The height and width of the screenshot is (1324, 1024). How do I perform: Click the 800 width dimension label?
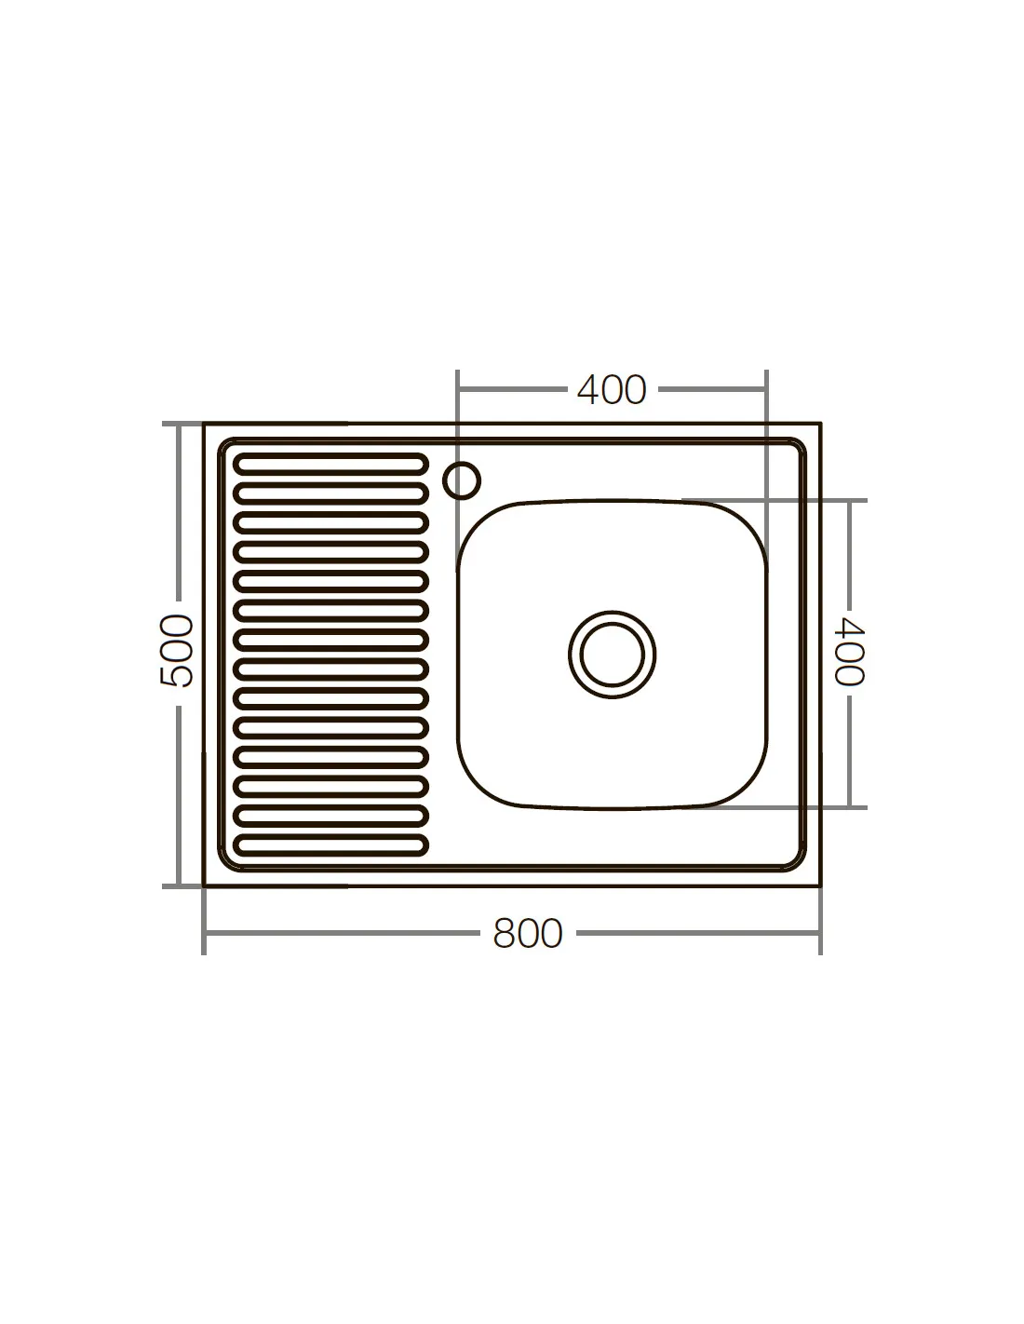point(527,933)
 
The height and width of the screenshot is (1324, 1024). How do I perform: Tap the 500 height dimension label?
point(177,651)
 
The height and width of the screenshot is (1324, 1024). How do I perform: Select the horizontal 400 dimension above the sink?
point(612,390)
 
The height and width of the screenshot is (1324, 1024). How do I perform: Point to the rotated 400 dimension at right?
point(849,652)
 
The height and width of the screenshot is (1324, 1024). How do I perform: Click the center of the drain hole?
point(612,655)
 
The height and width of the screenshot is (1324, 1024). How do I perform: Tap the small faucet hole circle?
point(461,480)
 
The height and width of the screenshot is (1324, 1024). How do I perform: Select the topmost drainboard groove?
point(330,465)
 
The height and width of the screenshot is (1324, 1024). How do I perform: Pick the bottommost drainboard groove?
point(330,845)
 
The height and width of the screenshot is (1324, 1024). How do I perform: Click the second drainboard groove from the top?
point(330,493)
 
